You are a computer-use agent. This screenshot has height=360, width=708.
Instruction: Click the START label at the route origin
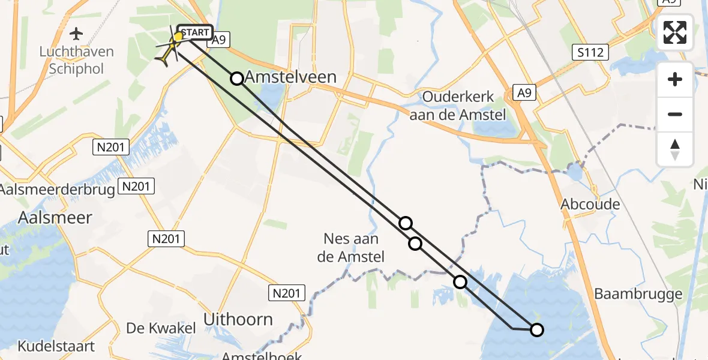(195, 32)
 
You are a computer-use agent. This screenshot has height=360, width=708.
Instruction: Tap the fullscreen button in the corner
(675, 32)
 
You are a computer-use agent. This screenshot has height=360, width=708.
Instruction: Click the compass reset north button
(675, 149)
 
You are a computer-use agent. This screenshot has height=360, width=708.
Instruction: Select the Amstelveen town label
(290, 77)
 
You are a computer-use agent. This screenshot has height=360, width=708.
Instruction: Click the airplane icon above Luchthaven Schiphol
(76, 33)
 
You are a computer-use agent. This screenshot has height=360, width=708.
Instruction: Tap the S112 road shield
(591, 52)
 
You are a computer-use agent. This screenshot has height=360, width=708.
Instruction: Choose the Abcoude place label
(590, 204)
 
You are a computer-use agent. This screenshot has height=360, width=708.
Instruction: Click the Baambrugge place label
(638, 294)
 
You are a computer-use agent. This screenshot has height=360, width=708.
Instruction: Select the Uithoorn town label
(238, 319)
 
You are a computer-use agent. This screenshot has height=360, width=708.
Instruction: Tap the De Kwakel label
(161, 328)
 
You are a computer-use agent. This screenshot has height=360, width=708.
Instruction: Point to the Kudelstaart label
(56, 346)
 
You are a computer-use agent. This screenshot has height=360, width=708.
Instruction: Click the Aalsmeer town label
(55, 217)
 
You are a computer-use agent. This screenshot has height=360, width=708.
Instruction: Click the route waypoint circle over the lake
(537, 329)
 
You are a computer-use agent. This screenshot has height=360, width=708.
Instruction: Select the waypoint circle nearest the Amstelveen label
(237, 79)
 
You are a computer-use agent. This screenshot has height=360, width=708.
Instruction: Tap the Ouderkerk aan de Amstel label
(457, 105)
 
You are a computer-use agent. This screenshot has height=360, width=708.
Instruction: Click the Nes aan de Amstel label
(351, 248)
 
